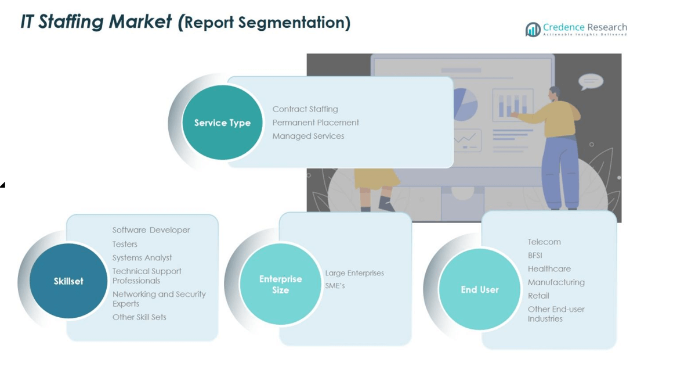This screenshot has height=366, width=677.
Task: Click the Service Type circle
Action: tap(222, 123)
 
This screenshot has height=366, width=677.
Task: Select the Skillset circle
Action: tap(68, 281)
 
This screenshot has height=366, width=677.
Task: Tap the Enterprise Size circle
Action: tap(280, 284)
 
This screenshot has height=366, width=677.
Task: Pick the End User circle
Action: tap(480, 289)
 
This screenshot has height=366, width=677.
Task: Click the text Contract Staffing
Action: tap(305, 109)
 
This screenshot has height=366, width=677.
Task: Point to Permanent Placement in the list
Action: tap(316, 123)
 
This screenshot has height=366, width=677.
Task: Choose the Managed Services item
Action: tap(308, 136)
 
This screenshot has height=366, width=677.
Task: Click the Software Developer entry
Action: tap(151, 230)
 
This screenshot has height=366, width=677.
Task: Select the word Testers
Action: tap(125, 244)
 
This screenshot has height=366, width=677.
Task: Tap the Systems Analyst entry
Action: tap(142, 257)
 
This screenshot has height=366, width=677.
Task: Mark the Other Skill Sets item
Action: tap(139, 317)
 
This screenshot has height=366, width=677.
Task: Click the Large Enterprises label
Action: tap(354, 273)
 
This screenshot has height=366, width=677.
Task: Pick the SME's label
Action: tap(335, 286)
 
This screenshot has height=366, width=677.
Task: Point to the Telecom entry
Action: tap(544, 242)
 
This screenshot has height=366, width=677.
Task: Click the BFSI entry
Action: tap(535, 255)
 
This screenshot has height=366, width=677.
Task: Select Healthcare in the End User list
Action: tap(549, 269)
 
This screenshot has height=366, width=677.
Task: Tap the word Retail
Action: tap(538, 296)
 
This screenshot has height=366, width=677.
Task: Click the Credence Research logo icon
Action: tap(533, 30)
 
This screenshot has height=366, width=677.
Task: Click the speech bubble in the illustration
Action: tap(591, 81)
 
